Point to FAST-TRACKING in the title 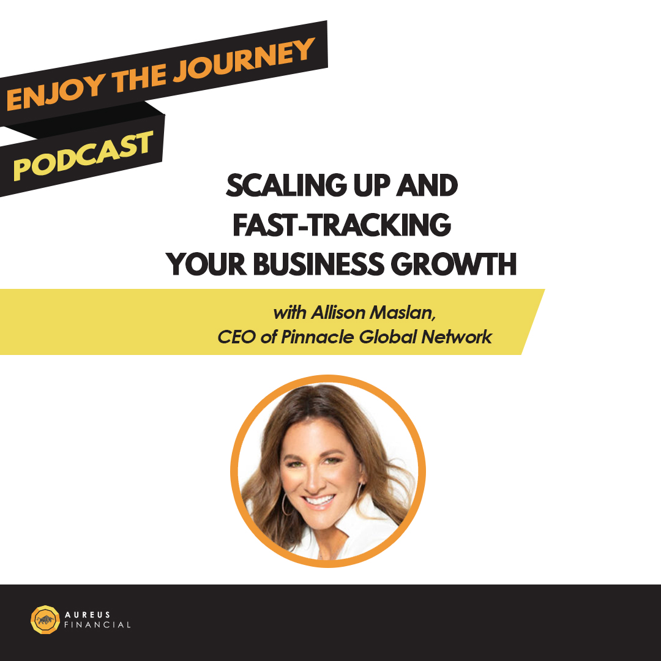pos(342,225)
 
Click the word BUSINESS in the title pos(318,264)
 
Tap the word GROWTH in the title pos(454,264)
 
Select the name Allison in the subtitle pos(338,313)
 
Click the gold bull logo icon pos(45,619)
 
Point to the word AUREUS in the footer pos(88,614)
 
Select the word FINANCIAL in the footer pos(97,625)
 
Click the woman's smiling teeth pos(319,501)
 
